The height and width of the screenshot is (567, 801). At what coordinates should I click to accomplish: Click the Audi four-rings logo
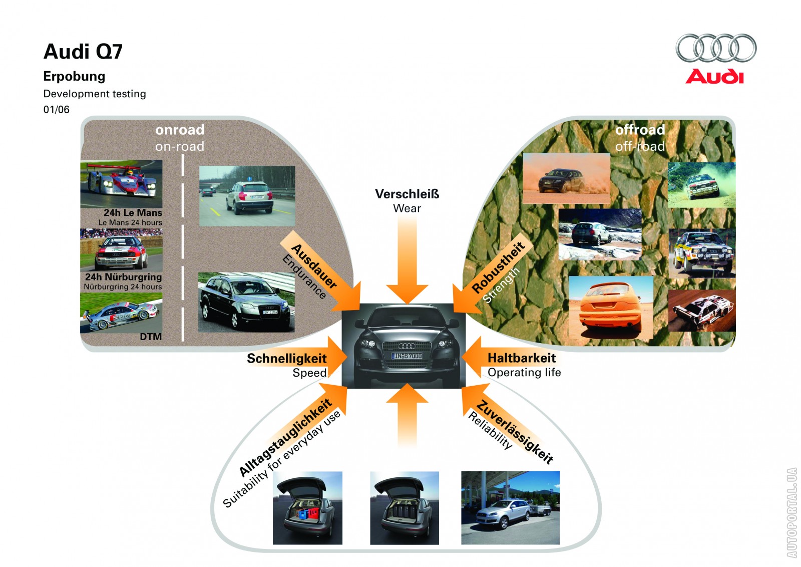(716, 48)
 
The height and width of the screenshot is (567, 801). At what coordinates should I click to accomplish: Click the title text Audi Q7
(83, 52)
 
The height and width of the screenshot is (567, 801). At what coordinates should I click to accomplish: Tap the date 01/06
(56, 110)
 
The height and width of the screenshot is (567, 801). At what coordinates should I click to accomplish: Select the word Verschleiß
(407, 194)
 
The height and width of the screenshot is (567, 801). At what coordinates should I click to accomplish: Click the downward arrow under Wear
(407, 260)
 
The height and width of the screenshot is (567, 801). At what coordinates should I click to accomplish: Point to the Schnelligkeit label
(286, 359)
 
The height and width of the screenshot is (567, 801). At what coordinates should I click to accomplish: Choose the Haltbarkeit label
(522, 358)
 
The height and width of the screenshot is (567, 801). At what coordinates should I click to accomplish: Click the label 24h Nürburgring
(123, 277)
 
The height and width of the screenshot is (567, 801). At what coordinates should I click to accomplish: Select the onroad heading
(180, 130)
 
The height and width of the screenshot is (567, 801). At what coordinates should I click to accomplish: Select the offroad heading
(640, 130)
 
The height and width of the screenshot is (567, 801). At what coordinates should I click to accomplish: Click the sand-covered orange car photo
(611, 307)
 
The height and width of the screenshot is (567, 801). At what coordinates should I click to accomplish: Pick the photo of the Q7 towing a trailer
(510, 507)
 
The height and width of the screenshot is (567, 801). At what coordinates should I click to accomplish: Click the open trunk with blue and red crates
(307, 507)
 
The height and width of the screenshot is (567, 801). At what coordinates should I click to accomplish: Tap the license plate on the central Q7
(407, 356)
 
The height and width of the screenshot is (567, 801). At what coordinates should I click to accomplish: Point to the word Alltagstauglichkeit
(285, 437)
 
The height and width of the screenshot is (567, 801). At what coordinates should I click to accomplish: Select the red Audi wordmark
(714, 77)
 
